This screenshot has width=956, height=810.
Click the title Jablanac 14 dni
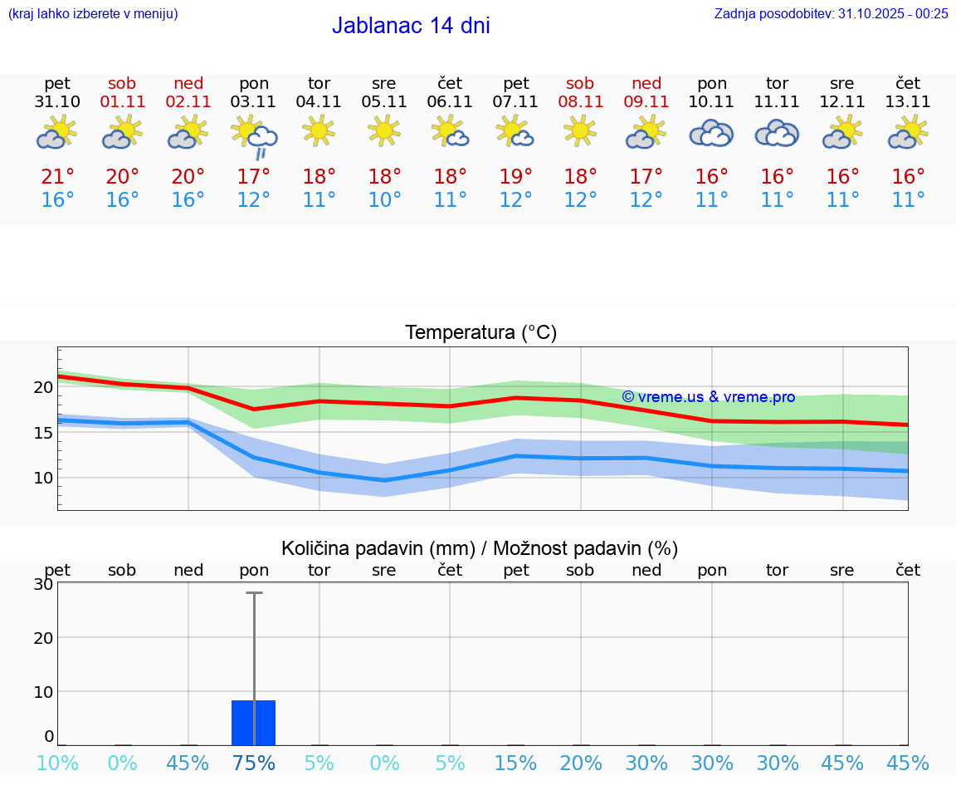point(411,26)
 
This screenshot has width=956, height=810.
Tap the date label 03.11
point(254,101)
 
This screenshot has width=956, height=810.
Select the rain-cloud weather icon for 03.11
point(254,135)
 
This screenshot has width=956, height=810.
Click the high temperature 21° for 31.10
point(58,176)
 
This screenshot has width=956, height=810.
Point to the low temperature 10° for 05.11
point(384,200)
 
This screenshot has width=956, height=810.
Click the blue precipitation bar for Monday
point(253,723)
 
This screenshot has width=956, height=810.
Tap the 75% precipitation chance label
point(254,763)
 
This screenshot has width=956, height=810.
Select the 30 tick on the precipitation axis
point(43,584)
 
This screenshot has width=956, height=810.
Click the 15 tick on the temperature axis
point(43,432)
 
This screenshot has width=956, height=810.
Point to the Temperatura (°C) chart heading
point(480,332)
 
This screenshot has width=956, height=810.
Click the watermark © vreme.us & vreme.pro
point(708,397)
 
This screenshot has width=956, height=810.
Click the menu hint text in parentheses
point(93,13)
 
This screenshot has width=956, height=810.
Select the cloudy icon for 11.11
point(777,133)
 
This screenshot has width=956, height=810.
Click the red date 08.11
point(580,101)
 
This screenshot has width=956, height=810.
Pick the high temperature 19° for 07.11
point(515,176)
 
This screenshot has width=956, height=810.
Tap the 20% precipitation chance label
point(581,763)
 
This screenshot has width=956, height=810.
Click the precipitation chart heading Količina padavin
point(480,548)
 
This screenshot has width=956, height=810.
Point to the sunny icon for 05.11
point(384,130)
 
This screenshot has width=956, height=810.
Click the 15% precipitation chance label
point(515,763)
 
